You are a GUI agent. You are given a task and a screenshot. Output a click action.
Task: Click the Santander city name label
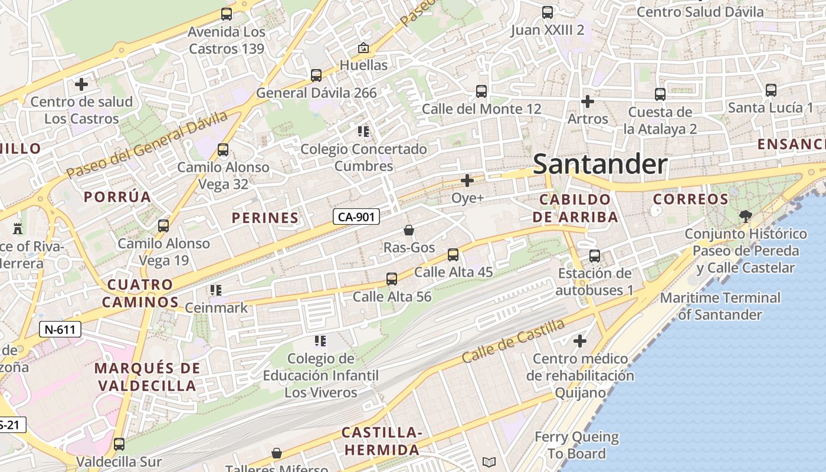(600, 164)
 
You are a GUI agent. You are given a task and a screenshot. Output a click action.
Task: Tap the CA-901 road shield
(356, 217)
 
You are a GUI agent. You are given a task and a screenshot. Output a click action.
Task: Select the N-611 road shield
(60, 329)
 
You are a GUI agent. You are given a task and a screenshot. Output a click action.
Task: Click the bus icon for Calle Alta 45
(453, 255)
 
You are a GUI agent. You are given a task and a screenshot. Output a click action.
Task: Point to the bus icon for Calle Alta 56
(392, 279)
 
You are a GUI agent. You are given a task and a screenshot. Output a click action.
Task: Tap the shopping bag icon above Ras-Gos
(408, 230)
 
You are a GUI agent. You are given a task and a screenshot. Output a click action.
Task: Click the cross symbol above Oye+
(467, 181)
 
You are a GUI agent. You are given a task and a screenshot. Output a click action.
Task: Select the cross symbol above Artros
(587, 101)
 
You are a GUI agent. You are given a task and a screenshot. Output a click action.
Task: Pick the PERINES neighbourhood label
(265, 218)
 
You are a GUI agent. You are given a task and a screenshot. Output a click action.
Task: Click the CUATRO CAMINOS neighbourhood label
(140, 293)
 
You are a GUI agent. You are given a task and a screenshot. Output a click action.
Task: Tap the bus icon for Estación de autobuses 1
(595, 256)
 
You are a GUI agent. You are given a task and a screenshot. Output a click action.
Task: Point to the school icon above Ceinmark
(216, 290)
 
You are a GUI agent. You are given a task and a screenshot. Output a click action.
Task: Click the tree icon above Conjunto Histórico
(745, 216)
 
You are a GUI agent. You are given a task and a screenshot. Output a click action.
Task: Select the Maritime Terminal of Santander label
(720, 306)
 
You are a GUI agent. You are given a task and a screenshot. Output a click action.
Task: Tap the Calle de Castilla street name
(513, 341)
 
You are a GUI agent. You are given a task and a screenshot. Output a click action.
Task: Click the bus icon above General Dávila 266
(316, 76)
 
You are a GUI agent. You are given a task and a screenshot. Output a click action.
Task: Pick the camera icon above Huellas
(363, 48)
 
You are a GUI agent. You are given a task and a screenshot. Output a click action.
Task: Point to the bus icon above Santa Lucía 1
(771, 90)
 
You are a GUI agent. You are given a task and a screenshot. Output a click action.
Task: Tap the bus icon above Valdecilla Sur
(119, 444)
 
